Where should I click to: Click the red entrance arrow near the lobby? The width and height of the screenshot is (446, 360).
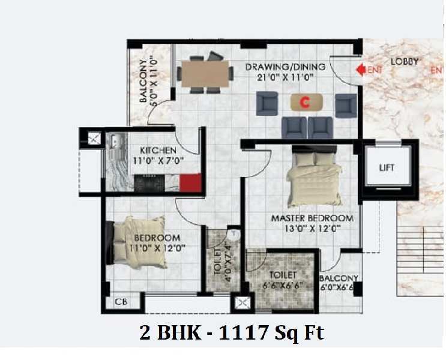(361, 70)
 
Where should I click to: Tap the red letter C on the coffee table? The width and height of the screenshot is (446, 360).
(306, 103)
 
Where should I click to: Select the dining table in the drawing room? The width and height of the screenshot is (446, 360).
(205, 74)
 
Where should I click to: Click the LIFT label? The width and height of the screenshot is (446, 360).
(387, 167)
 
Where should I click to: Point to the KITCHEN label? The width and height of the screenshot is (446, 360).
(158, 150)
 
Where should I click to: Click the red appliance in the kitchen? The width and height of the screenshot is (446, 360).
(190, 183)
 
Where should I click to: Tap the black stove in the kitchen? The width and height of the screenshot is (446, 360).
(149, 183)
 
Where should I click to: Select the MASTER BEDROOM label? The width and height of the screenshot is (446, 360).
(312, 218)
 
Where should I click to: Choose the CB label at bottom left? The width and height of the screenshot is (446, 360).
(121, 302)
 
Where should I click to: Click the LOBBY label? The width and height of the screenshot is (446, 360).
(405, 62)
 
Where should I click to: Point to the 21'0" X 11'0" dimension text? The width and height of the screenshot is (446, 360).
(285, 77)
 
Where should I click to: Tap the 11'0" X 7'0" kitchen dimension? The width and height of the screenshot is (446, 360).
(158, 161)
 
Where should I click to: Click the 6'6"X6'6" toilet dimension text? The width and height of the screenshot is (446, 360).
(282, 285)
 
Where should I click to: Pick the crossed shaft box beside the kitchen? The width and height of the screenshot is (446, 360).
(94, 139)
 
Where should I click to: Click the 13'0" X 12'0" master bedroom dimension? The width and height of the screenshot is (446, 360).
(313, 229)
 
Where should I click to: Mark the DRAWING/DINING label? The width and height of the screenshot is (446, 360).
(285, 67)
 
